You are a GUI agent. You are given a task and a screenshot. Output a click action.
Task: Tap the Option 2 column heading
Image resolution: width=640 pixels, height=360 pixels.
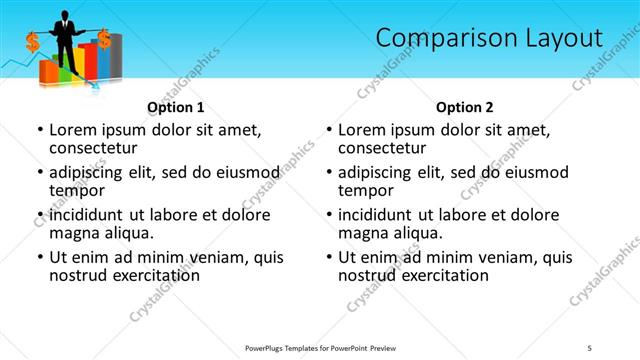click(x=464, y=107)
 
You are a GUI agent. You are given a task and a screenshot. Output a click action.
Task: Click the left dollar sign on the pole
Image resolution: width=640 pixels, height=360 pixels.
click(x=32, y=43)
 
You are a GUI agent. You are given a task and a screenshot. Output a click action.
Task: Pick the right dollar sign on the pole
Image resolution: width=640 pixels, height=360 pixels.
click(x=104, y=40)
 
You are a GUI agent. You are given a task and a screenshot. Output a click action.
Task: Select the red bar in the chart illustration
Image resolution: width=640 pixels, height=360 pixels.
click(x=88, y=61)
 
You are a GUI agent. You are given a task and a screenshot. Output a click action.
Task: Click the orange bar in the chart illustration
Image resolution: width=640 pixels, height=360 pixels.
click(x=47, y=72)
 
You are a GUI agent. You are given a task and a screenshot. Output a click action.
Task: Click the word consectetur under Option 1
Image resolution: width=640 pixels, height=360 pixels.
click(x=92, y=148)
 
